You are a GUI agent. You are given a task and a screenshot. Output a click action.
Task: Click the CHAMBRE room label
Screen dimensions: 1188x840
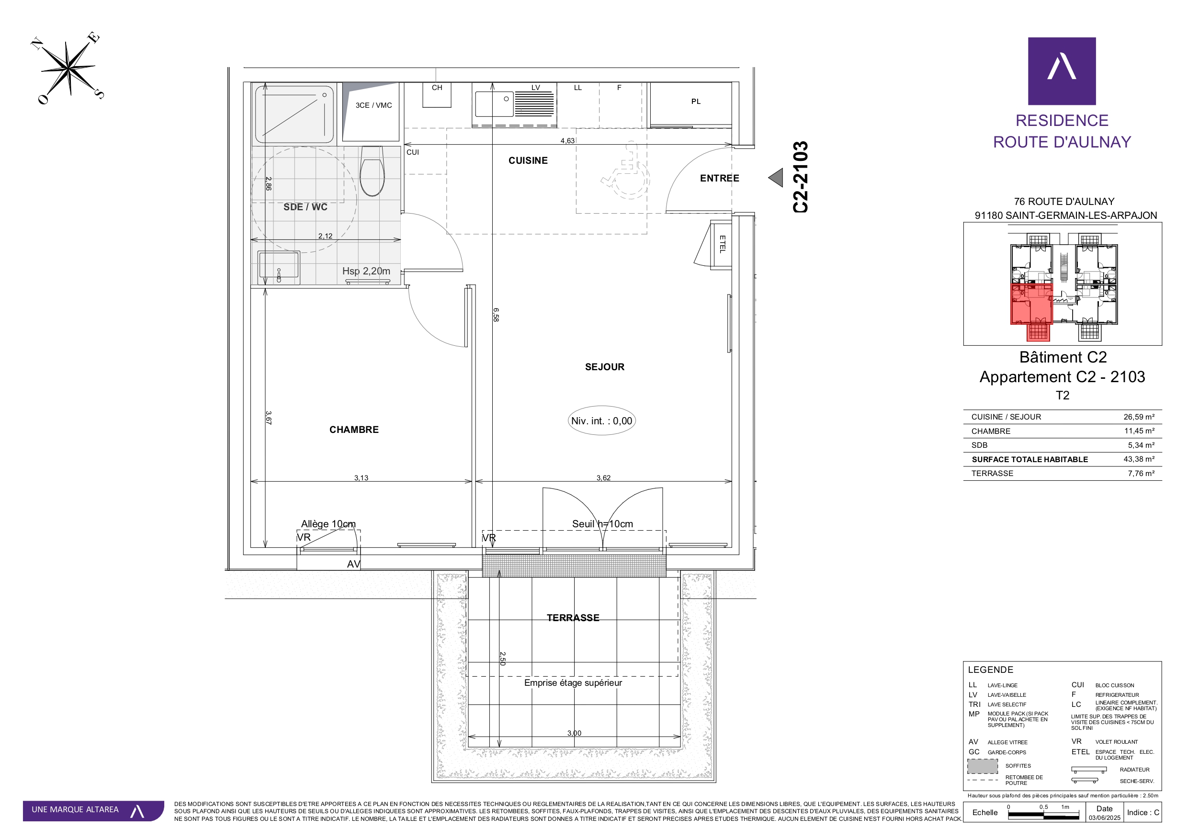click(354, 430)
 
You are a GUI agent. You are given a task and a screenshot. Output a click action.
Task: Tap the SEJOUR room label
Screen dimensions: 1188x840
click(604, 367)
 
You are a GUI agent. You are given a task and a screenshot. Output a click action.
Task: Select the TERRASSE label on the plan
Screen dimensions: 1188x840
click(573, 617)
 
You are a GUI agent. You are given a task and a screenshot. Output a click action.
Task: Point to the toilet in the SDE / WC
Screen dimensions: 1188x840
click(372, 171)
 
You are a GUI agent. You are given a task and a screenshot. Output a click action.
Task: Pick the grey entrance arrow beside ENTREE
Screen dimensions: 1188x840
click(776, 178)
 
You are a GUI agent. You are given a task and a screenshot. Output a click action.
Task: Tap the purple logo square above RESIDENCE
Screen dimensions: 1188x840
click(1062, 71)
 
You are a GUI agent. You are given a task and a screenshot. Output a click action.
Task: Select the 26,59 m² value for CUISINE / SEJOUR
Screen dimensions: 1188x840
click(1139, 417)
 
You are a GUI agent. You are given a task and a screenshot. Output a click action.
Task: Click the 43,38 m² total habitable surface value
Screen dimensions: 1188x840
click(1139, 459)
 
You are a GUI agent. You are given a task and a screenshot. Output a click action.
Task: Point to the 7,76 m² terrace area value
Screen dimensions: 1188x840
click(1141, 473)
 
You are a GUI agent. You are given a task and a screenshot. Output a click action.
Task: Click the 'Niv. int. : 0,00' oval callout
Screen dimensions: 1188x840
click(601, 421)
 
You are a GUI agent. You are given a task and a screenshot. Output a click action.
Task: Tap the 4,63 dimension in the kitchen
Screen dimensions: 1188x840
click(567, 141)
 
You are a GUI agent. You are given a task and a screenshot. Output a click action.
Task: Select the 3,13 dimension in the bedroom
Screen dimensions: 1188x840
click(361, 477)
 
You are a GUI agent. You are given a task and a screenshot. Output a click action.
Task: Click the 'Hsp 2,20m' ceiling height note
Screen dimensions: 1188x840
click(366, 271)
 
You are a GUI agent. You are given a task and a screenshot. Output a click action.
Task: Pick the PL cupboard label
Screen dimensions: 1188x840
click(696, 102)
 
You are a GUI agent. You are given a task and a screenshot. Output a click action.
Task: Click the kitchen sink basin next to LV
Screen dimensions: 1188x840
click(494, 103)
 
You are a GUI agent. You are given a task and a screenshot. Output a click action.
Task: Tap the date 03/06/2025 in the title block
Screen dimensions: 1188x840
click(1104, 818)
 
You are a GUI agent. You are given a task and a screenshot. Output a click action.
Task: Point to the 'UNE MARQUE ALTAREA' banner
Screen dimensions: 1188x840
click(93, 810)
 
